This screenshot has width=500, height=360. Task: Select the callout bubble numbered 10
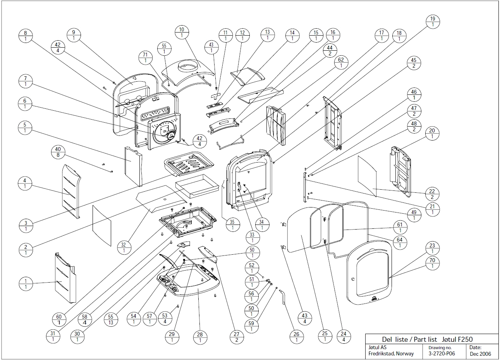(182, 32)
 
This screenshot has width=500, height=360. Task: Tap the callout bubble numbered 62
(341, 63)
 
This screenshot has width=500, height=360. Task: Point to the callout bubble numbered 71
(146, 57)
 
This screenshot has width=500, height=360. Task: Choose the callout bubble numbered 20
(432, 134)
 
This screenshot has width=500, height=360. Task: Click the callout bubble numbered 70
(432, 263)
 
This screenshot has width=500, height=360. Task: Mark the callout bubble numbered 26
(296, 337)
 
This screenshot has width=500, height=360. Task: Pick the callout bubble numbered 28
(200, 337)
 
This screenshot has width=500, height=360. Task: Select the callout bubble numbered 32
(124, 247)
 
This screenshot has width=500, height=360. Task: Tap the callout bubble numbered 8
(25, 36)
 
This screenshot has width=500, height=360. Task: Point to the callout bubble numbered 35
(232, 225)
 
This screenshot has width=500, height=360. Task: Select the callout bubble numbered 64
(400, 243)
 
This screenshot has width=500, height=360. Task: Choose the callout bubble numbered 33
(253, 237)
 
